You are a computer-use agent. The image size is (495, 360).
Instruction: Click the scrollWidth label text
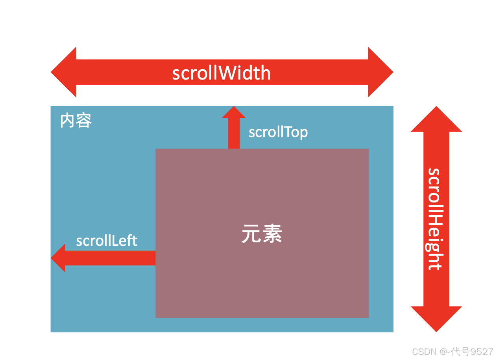click(222, 73)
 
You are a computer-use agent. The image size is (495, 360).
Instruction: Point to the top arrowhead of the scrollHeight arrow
click(436, 120)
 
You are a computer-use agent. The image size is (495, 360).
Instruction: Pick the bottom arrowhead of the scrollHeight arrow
click(436, 318)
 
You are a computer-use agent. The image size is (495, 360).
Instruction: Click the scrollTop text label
click(278, 132)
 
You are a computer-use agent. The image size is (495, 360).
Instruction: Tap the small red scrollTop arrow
click(234, 126)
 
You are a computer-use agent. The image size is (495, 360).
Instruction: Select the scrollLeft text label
click(107, 241)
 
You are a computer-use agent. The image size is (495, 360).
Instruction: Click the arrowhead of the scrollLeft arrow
click(59, 258)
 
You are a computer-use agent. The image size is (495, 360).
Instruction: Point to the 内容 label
click(76, 121)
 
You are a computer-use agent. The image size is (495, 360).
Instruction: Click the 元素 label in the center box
click(262, 234)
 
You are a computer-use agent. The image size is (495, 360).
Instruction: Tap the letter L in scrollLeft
click(116, 240)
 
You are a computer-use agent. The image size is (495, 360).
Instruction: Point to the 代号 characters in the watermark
click(461, 351)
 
